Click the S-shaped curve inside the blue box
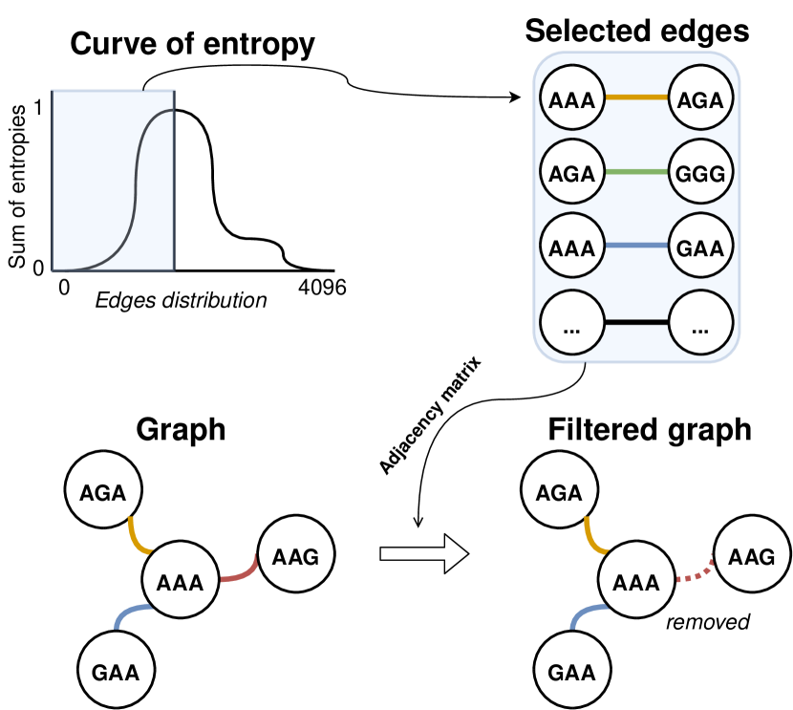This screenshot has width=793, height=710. [x=134, y=191]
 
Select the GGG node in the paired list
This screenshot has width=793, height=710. [x=700, y=174]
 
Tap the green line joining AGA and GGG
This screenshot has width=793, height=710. [x=636, y=173]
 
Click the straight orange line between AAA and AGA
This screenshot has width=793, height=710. [x=636, y=97]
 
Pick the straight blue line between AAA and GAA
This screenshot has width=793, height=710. [x=636, y=247]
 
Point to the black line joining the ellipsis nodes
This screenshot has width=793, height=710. [x=636, y=322]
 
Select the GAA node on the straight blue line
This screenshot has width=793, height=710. [x=700, y=247]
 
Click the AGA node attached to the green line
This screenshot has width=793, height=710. [x=572, y=174]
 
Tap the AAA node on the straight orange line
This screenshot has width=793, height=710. [x=572, y=98]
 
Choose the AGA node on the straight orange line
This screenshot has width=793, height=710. [x=700, y=98]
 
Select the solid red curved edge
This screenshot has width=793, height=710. [x=241, y=570]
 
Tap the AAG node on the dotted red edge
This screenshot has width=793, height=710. [x=751, y=555]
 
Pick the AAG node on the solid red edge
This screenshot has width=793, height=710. [x=295, y=555]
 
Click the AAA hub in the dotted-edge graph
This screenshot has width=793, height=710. [x=635, y=581]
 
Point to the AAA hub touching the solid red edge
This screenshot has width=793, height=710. [x=180, y=581]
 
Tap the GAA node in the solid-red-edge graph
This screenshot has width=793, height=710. [x=116, y=672]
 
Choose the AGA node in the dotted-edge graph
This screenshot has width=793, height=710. [x=559, y=492]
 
